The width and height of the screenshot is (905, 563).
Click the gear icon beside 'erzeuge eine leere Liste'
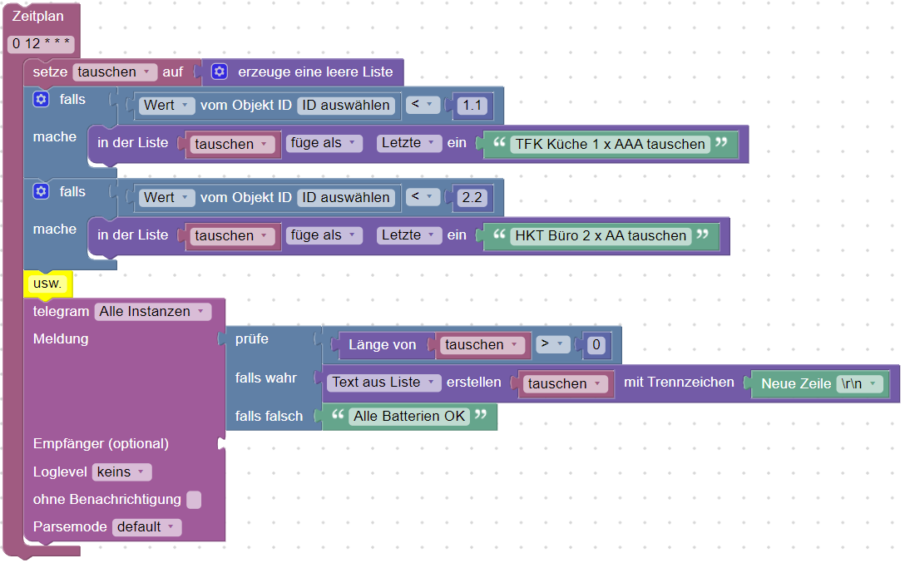click(x=219, y=72)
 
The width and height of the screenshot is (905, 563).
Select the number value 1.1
click(x=472, y=105)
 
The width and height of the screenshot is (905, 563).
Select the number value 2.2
click(x=472, y=197)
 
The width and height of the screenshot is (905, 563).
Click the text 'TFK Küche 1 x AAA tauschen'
click(x=610, y=144)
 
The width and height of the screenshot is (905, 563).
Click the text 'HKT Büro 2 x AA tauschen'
click(x=601, y=235)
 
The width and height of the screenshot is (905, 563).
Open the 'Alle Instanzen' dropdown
click(x=153, y=312)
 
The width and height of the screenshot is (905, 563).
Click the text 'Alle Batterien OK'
click(x=409, y=416)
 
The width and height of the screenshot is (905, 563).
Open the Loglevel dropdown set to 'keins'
click(x=121, y=472)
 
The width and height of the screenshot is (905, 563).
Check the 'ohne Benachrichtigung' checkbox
click(x=194, y=500)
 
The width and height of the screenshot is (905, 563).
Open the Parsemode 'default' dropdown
click(x=147, y=527)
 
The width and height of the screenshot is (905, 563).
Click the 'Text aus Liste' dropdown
click(x=384, y=383)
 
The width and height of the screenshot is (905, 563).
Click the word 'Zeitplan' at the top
click(x=37, y=17)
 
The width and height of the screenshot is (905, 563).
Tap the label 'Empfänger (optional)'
click(x=101, y=443)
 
